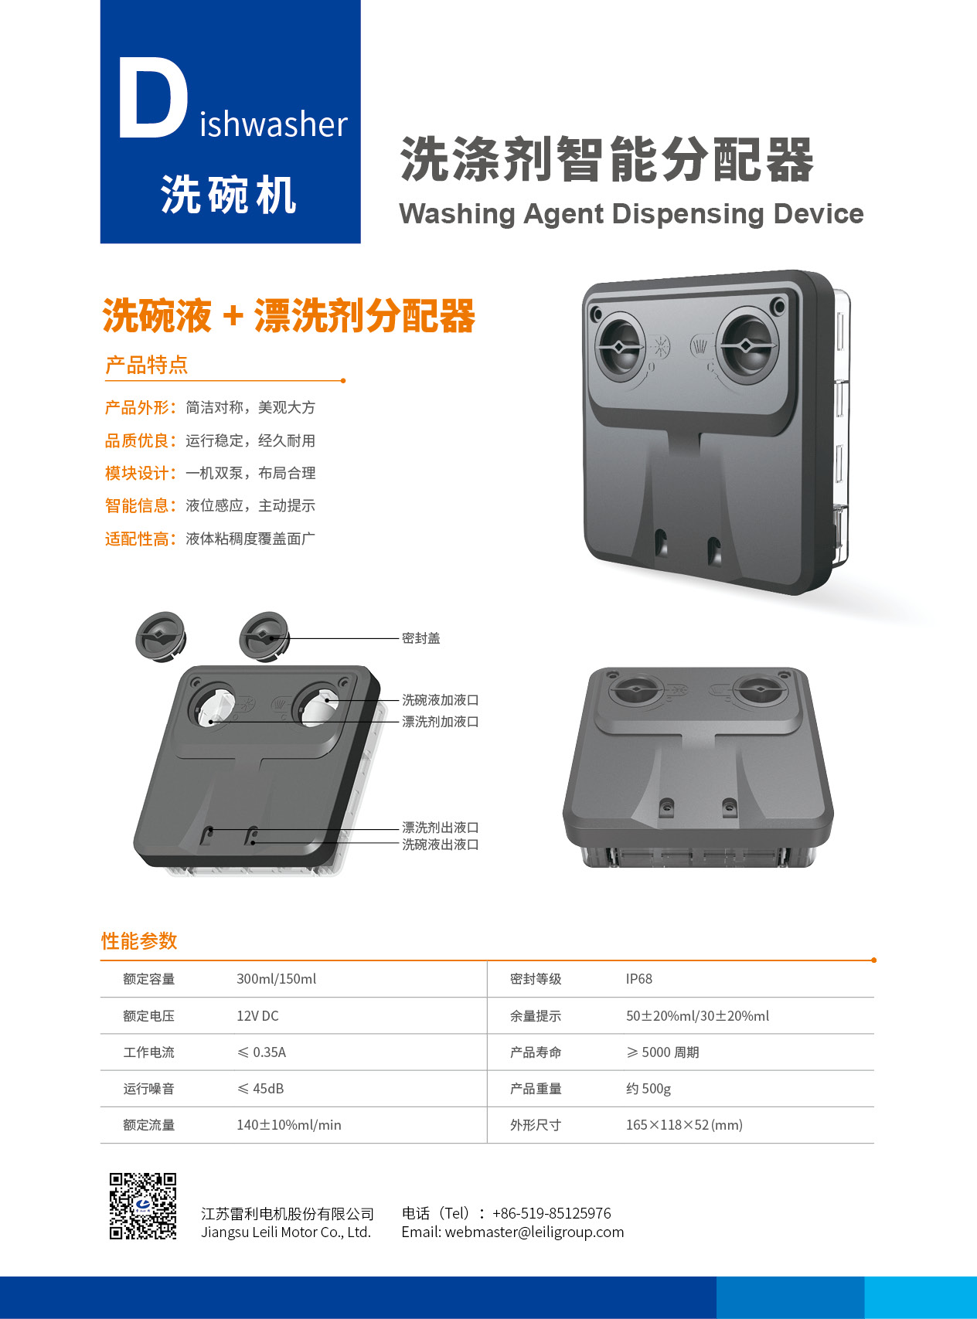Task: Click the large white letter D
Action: [152, 99]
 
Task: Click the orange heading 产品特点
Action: [146, 365]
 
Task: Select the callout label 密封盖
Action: [421, 638]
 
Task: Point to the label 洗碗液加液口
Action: [441, 700]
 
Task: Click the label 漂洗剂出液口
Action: [441, 828]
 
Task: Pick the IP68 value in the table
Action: [639, 979]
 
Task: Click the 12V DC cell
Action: [257, 1016]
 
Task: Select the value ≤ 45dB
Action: [260, 1089]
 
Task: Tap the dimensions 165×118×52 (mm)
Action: [684, 1125]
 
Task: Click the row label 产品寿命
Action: [536, 1052]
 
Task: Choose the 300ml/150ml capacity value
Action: [277, 979]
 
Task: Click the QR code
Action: [143, 1206]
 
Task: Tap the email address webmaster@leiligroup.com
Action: [534, 1232]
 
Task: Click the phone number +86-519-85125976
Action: [552, 1213]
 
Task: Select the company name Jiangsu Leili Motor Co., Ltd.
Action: [286, 1232]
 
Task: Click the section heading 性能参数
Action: [139, 941]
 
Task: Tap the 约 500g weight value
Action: [648, 1089]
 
